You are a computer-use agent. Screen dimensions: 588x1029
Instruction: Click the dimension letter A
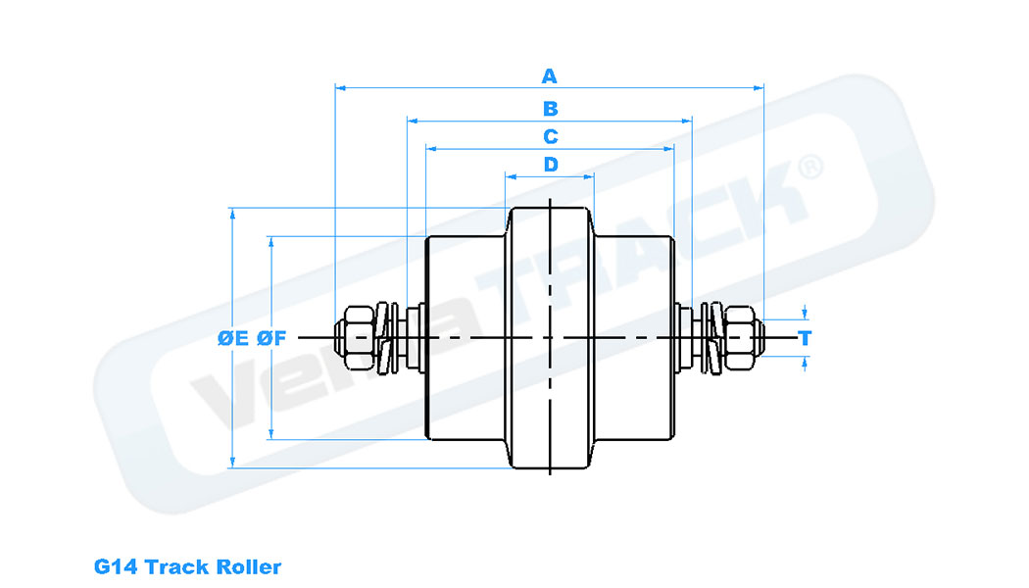(x=550, y=75)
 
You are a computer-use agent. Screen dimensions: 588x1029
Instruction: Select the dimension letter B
(x=550, y=108)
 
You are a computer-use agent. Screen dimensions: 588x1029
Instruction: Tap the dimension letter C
(x=550, y=136)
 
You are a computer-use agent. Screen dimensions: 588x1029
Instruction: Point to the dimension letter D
(x=550, y=164)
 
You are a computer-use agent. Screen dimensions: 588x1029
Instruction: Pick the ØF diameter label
(x=270, y=338)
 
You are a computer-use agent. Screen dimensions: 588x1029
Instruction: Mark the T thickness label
(x=806, y=338)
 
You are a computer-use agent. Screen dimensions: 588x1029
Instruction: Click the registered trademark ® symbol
(x=809, y=167)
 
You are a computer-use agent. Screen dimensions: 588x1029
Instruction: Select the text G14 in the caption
(x=116, y=566)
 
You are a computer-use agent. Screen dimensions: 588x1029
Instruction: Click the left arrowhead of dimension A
(x=340, y=87)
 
